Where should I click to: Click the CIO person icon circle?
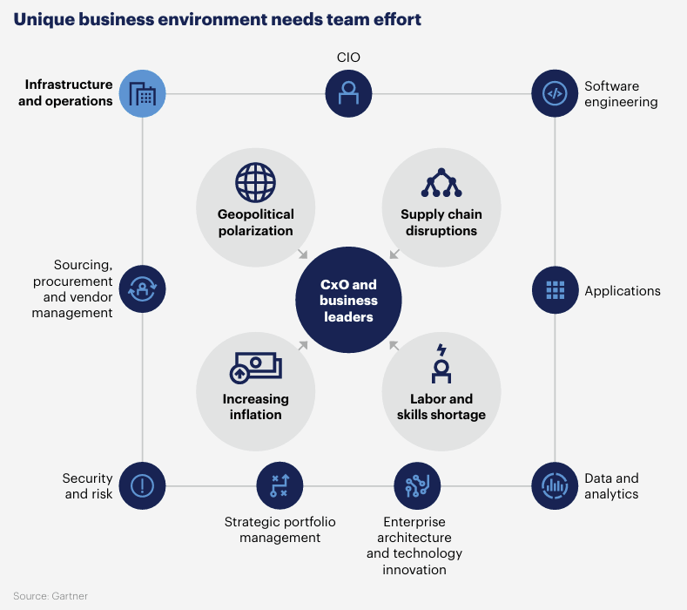point(348,93)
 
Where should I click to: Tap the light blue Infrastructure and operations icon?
point(142,93)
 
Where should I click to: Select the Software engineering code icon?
point(555,93)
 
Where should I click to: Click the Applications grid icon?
point(555,290)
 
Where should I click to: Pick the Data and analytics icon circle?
point(555,485)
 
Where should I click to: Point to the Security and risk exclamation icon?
point(142,485)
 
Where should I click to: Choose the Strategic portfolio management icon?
point(280,485)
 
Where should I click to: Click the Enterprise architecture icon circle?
point(417,485)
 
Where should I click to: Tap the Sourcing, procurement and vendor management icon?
point(142,290)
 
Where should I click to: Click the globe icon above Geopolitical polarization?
point(255,183)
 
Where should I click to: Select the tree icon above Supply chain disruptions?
point(441,183)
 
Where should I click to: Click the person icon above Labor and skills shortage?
point(441,364)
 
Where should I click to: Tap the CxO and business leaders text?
point(348,301)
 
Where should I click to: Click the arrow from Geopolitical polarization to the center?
point(302,254)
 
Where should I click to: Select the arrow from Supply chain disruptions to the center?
point(394,254)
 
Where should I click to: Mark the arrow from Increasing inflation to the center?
point(302,346)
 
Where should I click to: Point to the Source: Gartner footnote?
point(51,596)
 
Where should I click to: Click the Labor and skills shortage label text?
point(441,407)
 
